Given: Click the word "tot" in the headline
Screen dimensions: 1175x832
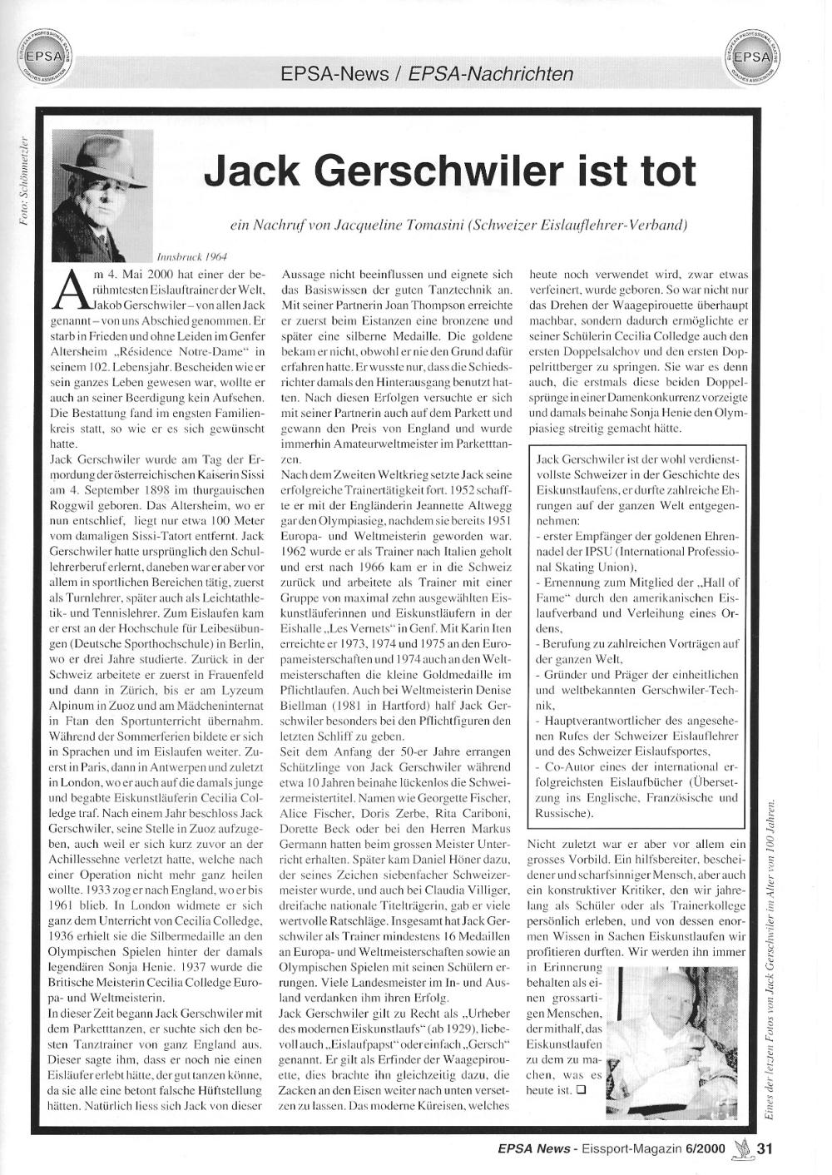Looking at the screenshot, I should [x=656, y=170].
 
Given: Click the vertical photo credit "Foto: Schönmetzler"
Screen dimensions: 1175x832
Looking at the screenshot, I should [x=22, y=179].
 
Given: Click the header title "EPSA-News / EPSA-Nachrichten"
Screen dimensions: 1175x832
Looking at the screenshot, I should [x=427, y=74].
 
